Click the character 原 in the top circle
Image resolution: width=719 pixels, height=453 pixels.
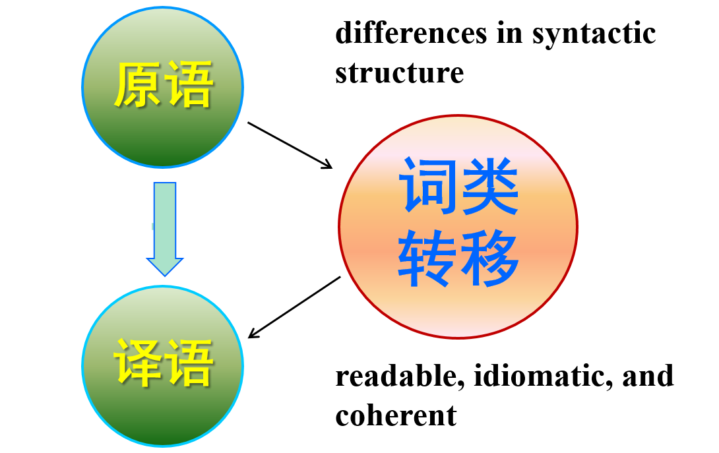[137, 85]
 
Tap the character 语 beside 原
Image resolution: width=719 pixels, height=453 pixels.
[190, 85]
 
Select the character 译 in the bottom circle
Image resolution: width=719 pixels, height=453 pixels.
[137, 363]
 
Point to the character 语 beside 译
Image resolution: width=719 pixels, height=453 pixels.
[190, 363]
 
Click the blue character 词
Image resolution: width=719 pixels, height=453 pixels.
[429, 187]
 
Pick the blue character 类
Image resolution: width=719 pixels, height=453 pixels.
[489, 187]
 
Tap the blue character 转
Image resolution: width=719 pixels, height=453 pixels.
[427, 258]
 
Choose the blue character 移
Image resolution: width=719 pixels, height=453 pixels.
[489, 258]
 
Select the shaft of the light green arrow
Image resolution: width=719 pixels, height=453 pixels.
[164, 218]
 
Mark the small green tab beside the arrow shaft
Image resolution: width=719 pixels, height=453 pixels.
[152, 226]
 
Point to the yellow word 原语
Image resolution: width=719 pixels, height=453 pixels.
[164, 85]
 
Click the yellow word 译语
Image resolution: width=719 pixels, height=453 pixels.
[164, 363]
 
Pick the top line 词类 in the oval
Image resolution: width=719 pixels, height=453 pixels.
[459, 187]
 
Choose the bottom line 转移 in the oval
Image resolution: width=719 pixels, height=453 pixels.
[458, 258]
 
